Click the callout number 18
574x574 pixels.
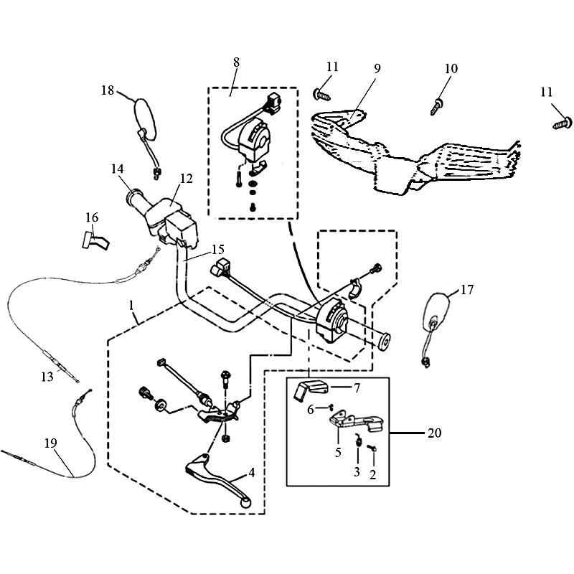[107, 90]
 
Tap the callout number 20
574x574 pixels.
[434, 433]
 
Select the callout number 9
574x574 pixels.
[377, 70]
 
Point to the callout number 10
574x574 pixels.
[451, 68]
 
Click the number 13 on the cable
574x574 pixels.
[47, 375]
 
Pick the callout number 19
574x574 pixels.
[50, 443]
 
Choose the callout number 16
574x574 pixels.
[91, 217]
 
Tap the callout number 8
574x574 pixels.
[236, 62]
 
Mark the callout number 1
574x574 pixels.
[132, 306]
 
